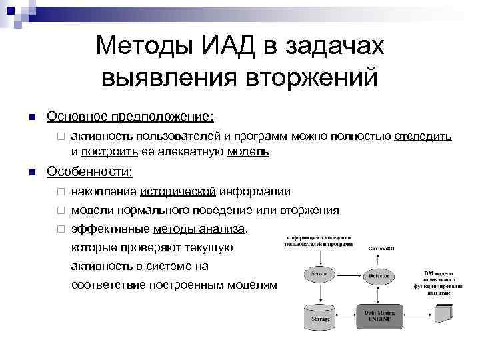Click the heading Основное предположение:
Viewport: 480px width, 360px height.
click(x=130, y=117)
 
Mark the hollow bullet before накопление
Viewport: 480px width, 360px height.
click(x=59, y=193)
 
